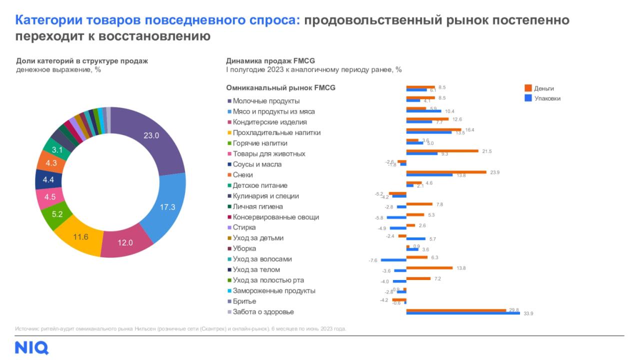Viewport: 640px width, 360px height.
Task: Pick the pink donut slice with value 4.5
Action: click(x=49, y=197)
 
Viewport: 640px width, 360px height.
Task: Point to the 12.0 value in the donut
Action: click(x=125, y=243)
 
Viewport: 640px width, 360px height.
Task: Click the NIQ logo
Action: click(x=31, y=347)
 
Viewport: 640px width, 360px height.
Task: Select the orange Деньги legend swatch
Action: click(x=527, y=88)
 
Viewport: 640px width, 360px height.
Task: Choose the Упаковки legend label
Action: click(x=547, y=98)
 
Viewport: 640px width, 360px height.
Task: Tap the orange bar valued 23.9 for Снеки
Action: click(x=446, y=172)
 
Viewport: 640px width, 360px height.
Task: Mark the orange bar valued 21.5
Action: click(x=443, y=150)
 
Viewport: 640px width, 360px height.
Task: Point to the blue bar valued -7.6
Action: click(x=393, y=260)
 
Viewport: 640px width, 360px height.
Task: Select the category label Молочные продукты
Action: click(x=266, y=101)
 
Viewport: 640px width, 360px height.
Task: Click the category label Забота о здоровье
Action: click(x=263, y=312)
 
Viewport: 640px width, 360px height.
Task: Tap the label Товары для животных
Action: click(x=269, y=153)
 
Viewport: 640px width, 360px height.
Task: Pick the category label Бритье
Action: click(x=244, y=301)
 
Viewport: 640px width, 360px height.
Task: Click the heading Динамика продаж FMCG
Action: click(x=270, y=61)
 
